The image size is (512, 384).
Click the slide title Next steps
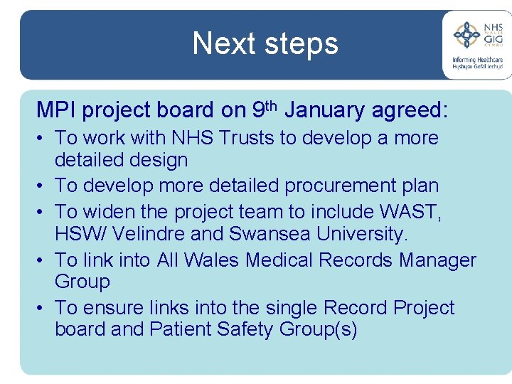[x=265, y=43]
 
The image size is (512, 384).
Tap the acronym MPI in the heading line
[x=57, y=110]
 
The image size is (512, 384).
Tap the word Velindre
[x=149, y=233]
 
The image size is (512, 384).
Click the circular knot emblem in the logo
[x=466, y=35]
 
